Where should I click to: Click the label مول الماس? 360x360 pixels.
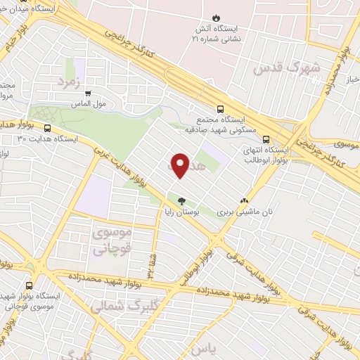tap(89, 103)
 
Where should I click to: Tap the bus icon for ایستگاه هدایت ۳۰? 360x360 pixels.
tap(47, 129)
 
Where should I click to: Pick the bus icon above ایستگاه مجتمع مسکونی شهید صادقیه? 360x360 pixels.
tap(220, 109)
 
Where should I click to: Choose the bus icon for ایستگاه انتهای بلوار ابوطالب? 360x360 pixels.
tap(266, 139)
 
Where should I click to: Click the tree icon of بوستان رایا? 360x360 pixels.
tap(182, 200)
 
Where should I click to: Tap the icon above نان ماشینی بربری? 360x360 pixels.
tap(244, 200)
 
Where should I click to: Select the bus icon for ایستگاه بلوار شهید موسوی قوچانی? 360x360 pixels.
tap(30, 285)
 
